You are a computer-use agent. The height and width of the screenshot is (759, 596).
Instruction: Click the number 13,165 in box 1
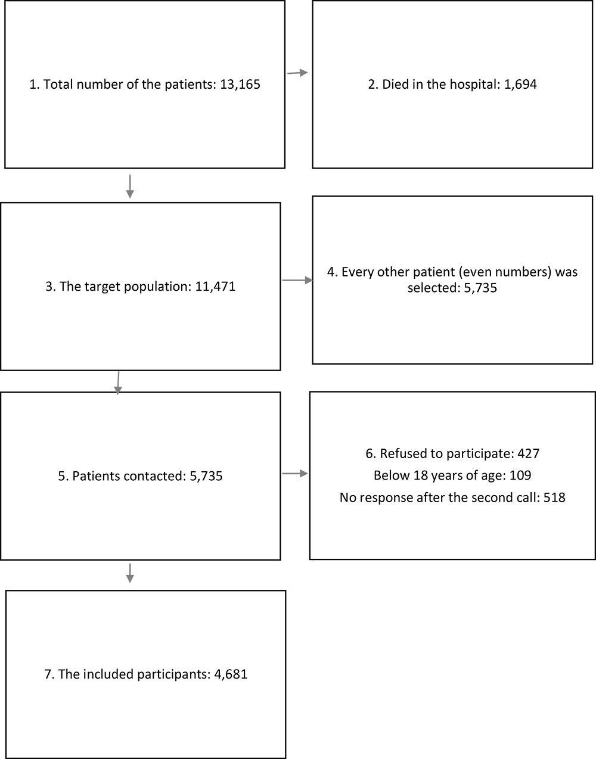[x=240, y=85]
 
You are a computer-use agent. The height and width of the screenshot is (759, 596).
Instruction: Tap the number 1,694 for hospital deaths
[x=520, y=85]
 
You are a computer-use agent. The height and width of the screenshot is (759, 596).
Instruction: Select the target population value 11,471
[x=215, y=287]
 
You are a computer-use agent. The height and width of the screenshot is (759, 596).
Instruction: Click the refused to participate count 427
[x=528, y=453]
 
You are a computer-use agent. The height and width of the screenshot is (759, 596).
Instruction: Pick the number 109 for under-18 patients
[x=520, y=475]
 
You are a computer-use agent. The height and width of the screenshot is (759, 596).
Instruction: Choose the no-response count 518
[x=554, y=497]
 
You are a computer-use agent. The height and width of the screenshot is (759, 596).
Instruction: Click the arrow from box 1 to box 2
[x=297, y=73]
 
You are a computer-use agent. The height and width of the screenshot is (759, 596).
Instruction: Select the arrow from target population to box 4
[x=297, y=280]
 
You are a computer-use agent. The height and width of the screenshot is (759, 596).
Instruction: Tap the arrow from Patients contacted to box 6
[x=295, y=473]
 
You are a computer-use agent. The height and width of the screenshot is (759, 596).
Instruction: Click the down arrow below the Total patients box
[x=130, y=186]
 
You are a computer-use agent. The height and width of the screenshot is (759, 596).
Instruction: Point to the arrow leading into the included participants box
[x=130, y=573]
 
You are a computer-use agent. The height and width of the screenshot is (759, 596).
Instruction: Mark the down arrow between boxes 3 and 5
[x=118, y=383]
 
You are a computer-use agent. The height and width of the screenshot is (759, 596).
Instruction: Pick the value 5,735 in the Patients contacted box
[x=206, y=476]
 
